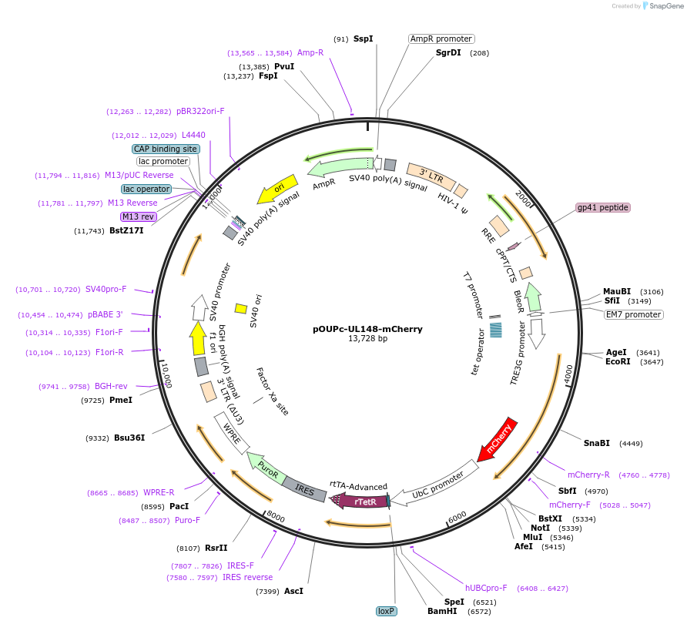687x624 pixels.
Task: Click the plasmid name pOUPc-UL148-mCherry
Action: click(367, 328)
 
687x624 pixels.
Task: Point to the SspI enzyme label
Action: click(363, 39)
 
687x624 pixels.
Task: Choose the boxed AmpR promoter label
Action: click(441, 39)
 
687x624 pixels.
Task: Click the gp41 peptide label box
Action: click(602, 208)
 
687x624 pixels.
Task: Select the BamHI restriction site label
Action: click(442, 611)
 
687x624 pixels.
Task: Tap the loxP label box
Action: click(386, 611)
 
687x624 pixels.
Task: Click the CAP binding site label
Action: click(166, 149)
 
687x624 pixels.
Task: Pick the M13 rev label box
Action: click(139, 216)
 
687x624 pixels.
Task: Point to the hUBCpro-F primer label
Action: click(486, 588)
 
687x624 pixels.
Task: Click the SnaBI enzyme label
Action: click(596, 443)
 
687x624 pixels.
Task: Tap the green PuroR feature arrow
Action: click(266, 468)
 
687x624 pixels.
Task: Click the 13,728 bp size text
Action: click(367, 339)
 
